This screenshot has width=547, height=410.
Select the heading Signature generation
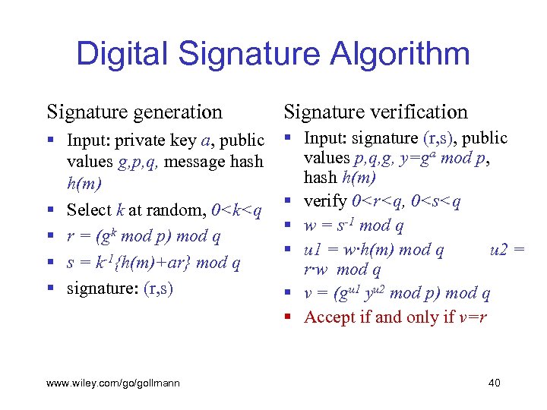[x=134, y=112]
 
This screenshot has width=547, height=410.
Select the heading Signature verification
[x=376, y=112]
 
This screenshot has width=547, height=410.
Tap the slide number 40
[x=494, y=383]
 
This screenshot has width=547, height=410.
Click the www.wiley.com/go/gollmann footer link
[x=113, y=383]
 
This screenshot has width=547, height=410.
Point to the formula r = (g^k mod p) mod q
[x=144, y=236]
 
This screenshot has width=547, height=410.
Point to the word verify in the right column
[x=325, y=201]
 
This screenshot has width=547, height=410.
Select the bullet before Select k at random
[x=50, y=209]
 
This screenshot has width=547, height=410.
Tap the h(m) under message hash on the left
[x=84, y=183]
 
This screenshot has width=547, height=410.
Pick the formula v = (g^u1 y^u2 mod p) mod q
[x=397, y=293]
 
